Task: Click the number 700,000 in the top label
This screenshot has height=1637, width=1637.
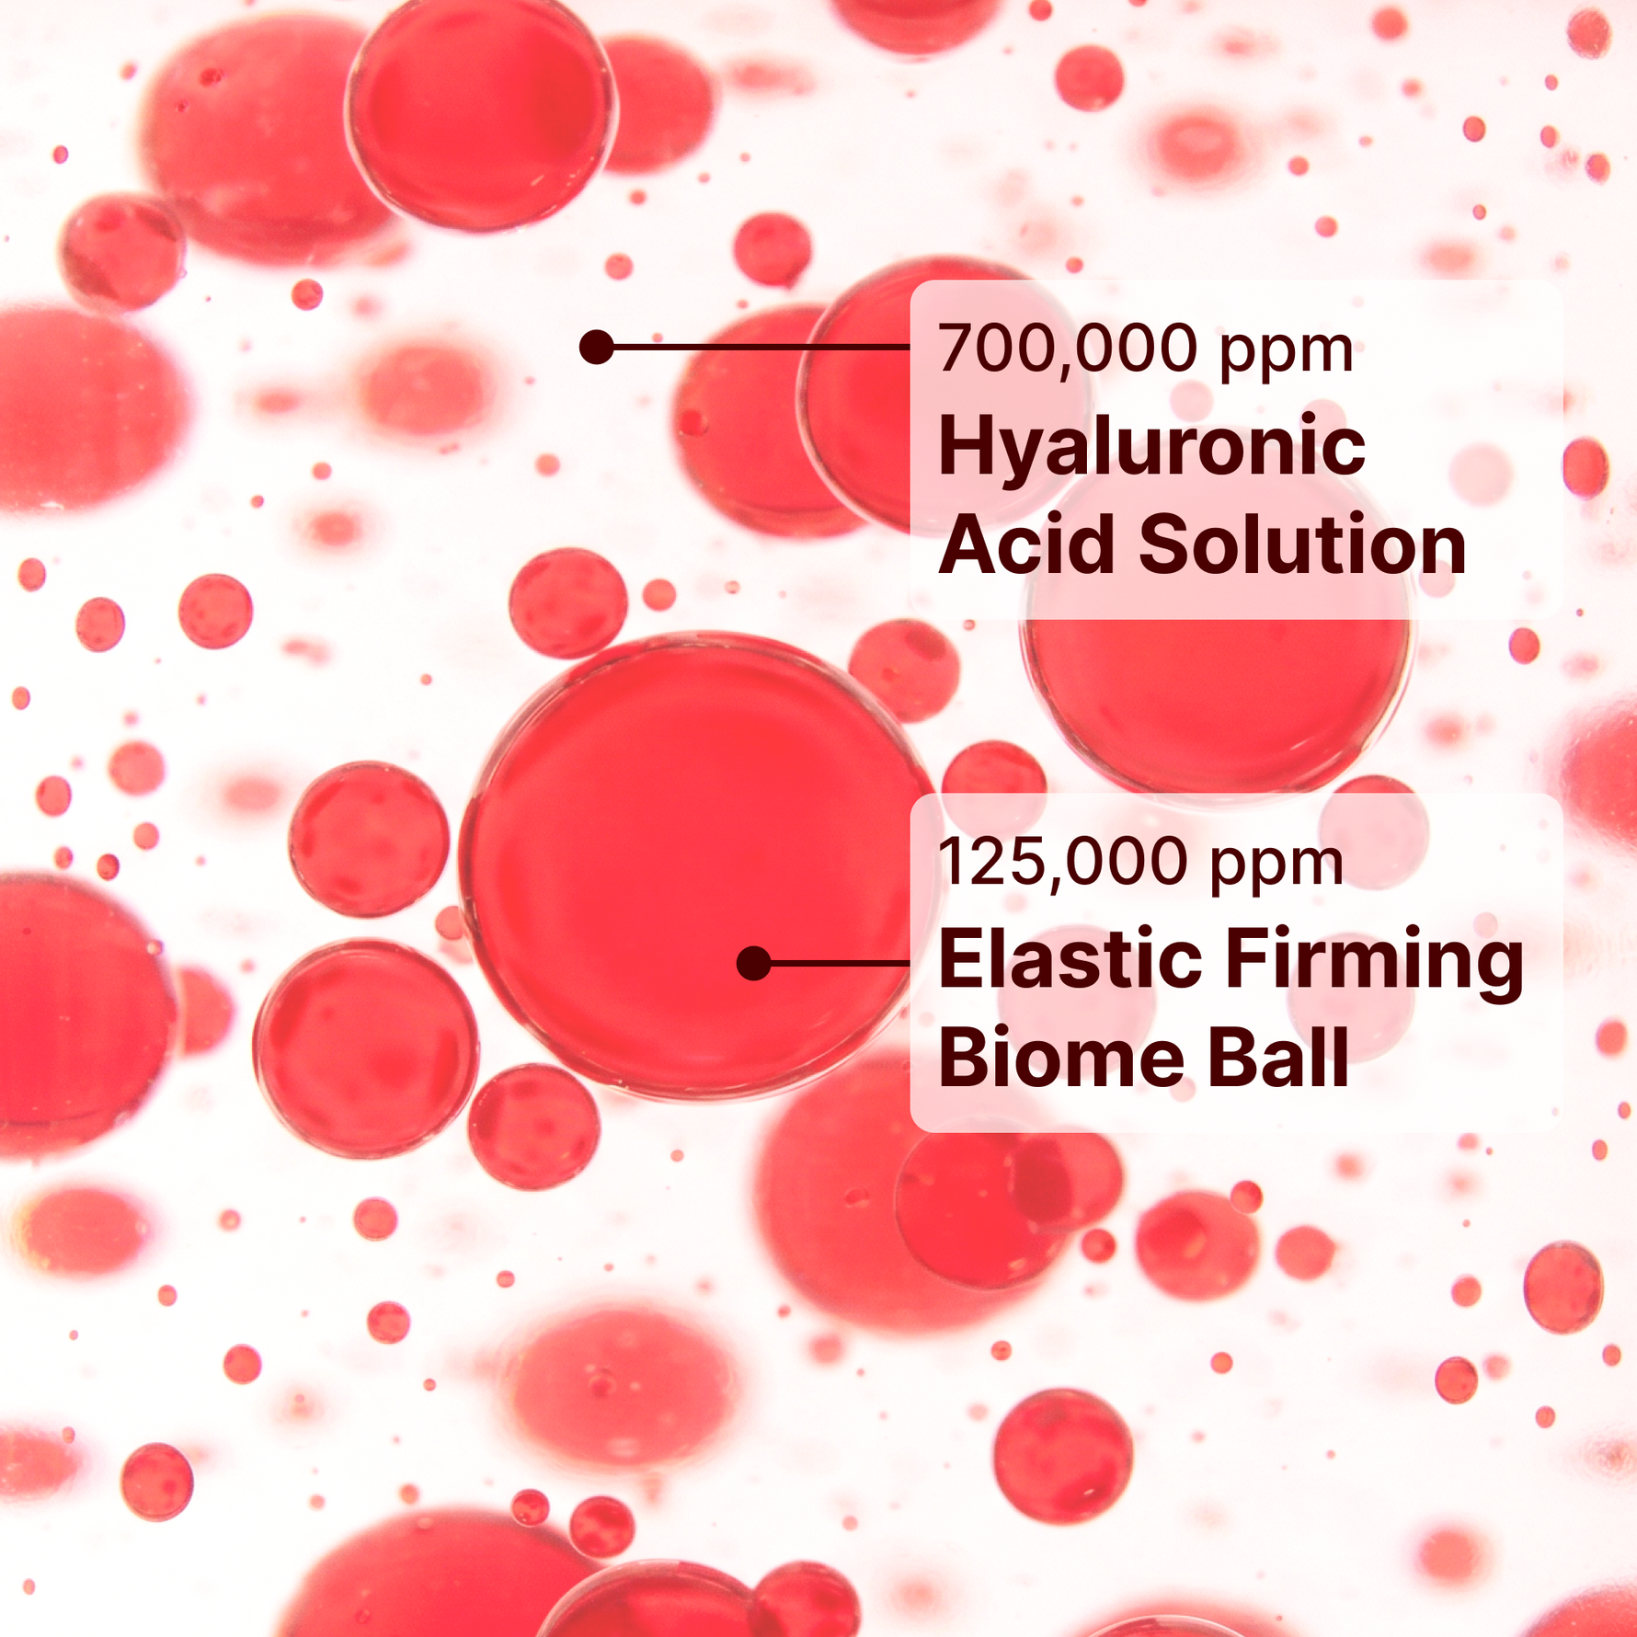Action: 1068,349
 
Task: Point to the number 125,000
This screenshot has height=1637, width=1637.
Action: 1062,863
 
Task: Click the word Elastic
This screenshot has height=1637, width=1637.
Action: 1070,958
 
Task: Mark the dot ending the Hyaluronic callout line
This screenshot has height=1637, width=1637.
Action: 597,347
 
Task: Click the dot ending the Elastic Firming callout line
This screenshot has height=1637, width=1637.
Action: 754,963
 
